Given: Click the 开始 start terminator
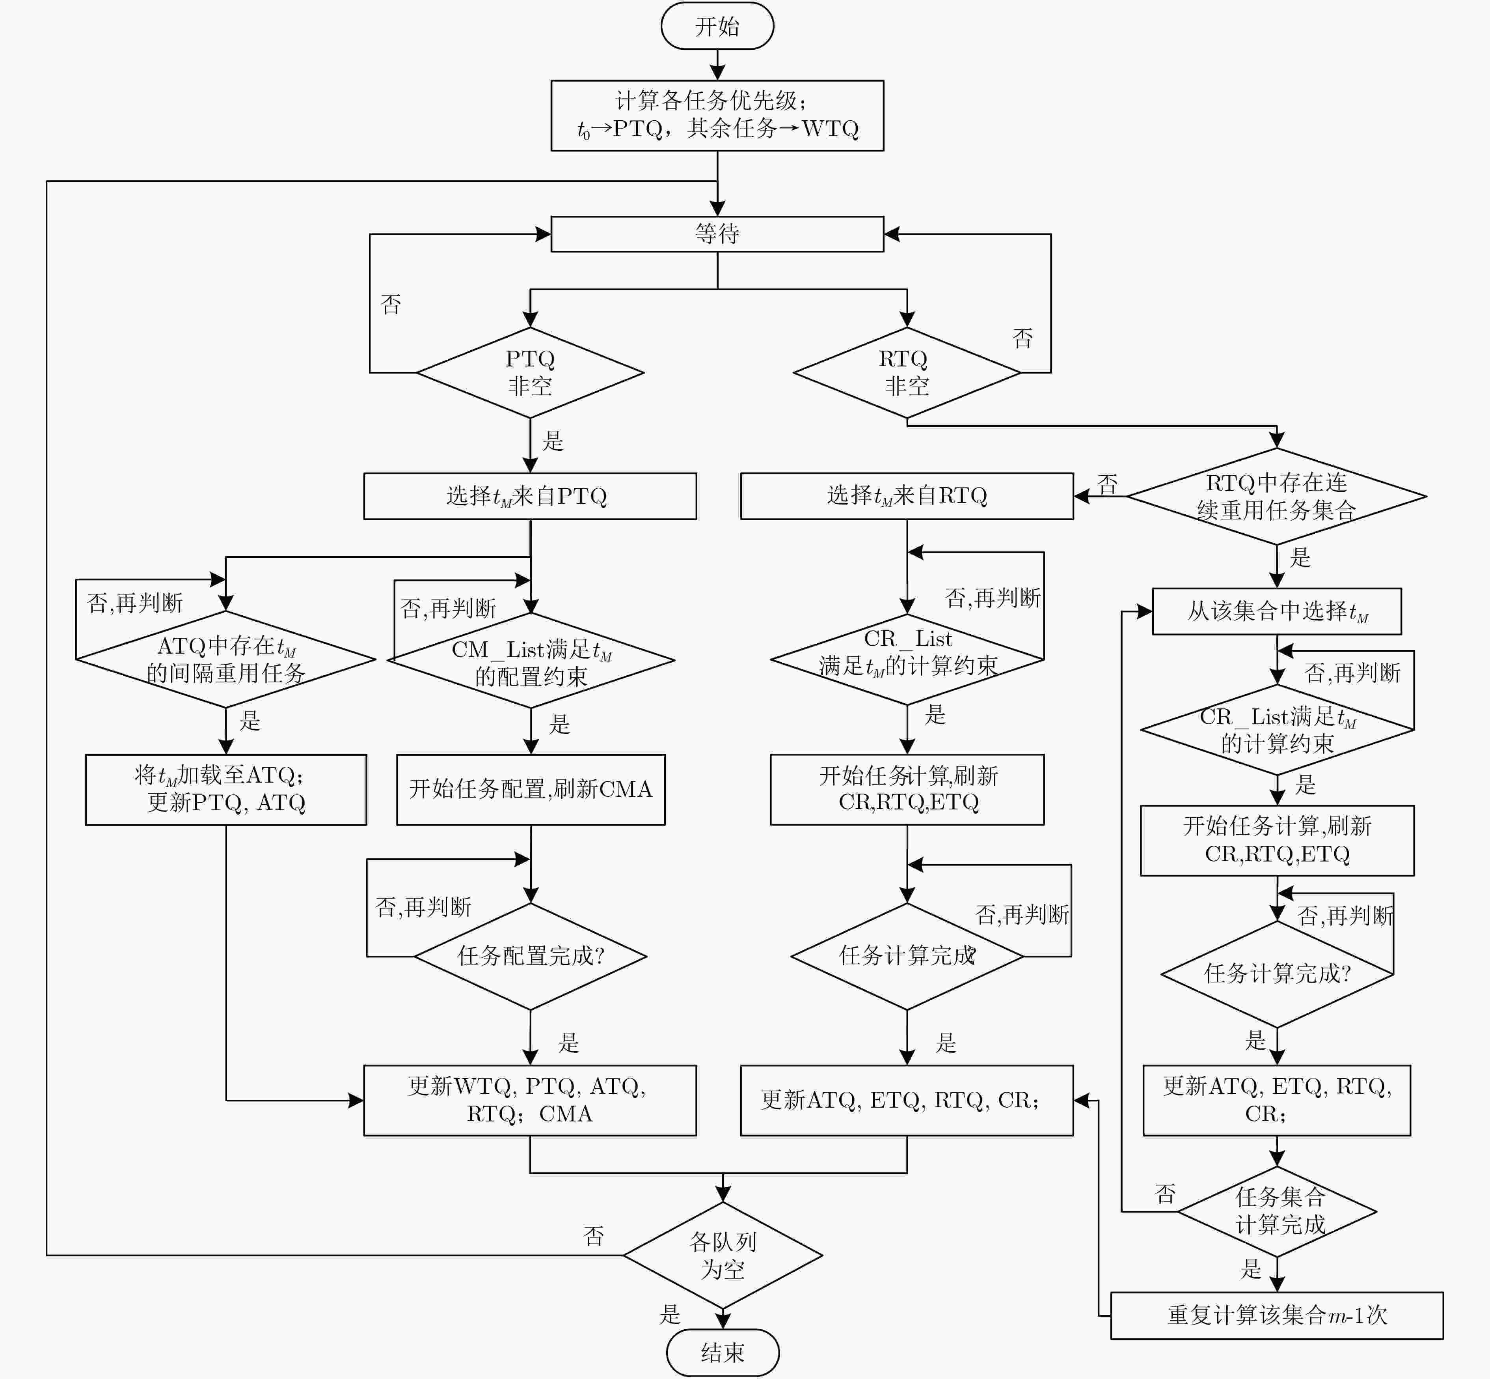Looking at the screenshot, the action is [717, 26].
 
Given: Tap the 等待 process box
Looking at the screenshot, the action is [717, 234].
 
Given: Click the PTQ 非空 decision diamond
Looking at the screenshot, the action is [530, 372].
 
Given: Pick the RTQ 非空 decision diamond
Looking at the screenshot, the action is [907, 372].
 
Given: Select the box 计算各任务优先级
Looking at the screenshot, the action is [717, 116].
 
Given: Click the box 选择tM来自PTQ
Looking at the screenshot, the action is [530, 496].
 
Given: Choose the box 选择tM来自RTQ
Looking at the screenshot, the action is [907, 496].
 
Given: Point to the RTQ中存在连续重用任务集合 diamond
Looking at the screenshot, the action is [1277, 496].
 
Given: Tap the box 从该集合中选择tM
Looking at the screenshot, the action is [1277, 611].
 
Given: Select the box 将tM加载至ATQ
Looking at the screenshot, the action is [226, 789].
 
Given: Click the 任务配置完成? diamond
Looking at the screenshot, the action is [530, 956].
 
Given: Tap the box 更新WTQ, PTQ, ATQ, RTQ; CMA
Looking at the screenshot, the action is [530, 1101].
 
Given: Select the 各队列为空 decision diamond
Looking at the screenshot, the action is [723, 1255].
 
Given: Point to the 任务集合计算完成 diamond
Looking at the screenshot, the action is [1277, 1211].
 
